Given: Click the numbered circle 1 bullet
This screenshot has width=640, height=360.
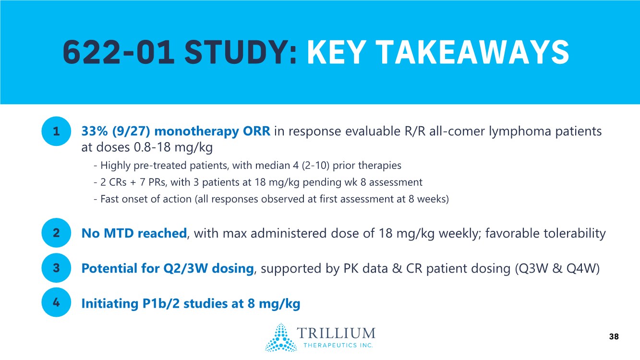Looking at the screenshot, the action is click(x=56, y=131).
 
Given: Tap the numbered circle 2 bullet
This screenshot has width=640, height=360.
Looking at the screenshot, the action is click(x=56, y=233).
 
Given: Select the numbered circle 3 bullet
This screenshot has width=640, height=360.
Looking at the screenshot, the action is click(x=56, y=268).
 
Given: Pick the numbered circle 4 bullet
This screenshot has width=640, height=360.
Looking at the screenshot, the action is click(x=56, y=302).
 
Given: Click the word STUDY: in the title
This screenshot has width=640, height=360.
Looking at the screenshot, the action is click(x=241, y=53).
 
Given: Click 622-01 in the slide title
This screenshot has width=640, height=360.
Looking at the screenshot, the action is click(x=118, y=53).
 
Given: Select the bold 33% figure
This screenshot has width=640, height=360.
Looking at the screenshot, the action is click(x=95, y=131).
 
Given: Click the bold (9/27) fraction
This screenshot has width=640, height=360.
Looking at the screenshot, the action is click(x=131, y=131).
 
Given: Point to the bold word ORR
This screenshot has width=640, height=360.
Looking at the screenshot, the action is click(x=256, y=131).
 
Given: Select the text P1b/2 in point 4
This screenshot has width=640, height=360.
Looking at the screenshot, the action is click(x=161, y=303).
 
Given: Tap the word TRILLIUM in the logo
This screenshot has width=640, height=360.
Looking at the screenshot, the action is click(x=336, y=333).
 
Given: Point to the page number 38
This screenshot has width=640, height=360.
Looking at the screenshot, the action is click(x=614, y=336).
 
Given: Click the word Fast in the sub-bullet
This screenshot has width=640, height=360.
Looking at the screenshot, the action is click(x=109, y=199).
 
